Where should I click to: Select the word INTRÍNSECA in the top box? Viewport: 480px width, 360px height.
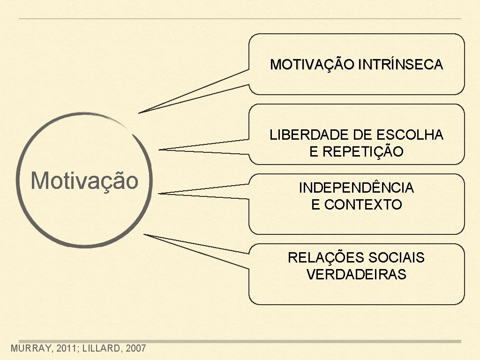coord(400,64)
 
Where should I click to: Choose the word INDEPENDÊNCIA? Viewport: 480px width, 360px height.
coord(356,188)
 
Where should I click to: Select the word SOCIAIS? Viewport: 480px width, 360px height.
coord(397,258)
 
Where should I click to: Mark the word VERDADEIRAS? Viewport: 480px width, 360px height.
coord(356,275)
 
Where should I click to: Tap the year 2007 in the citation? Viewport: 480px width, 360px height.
coord(136,348)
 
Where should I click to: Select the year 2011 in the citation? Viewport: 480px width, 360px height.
coord(66,348)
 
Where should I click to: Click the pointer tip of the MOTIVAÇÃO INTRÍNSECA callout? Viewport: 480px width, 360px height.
coord(139,113)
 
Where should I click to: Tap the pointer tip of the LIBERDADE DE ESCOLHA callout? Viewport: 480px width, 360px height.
coord(160,150)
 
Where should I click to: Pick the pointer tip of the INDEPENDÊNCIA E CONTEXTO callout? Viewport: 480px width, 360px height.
coord(160,193)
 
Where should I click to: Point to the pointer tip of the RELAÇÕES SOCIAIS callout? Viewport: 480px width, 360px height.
coord(144,234)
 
